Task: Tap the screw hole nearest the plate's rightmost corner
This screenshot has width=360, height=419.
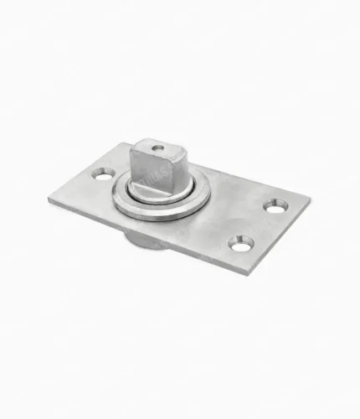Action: pos(275,205)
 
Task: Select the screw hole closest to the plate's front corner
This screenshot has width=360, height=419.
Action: pos(242,244)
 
